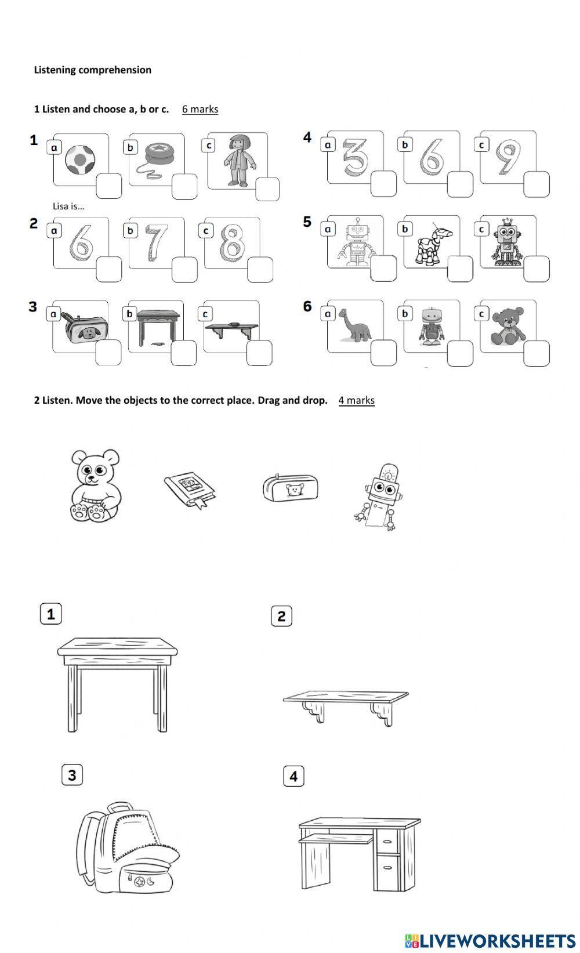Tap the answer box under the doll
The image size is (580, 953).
[267, 189]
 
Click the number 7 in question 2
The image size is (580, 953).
[155, 241]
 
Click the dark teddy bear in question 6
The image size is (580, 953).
[507, 326]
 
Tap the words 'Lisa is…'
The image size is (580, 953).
[68, 206]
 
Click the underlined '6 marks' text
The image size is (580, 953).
[200, 109]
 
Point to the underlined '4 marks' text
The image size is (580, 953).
[356, 400]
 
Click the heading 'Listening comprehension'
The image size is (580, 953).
[93, 70]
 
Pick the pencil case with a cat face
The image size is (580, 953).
[290, 487]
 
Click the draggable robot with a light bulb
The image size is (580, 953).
[379, 497]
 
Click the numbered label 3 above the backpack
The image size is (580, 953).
[72, 775]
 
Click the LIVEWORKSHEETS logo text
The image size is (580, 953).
[496, 940]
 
